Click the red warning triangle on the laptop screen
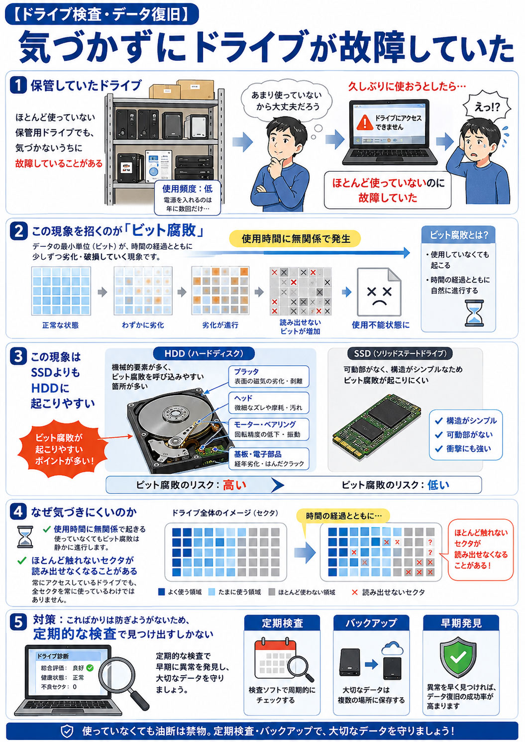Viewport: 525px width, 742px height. [365, 122]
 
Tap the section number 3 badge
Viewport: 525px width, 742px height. [18, 357]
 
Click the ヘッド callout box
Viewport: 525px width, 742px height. [269, 403]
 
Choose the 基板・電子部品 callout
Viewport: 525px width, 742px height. [269, 459]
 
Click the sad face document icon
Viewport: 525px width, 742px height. [379, 292]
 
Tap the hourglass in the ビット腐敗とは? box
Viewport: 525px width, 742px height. [474, 313]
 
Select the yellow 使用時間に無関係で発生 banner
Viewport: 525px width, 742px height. [295, 238]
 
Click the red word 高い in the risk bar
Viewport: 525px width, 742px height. [234, 485]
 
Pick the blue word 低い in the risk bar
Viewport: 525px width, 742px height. [438, 485]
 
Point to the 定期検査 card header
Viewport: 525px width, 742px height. [282, 623]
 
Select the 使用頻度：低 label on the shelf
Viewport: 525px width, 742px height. [187, 189]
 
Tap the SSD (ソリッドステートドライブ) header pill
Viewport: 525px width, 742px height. [400, 353]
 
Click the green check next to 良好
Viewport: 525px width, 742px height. [90, 668]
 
